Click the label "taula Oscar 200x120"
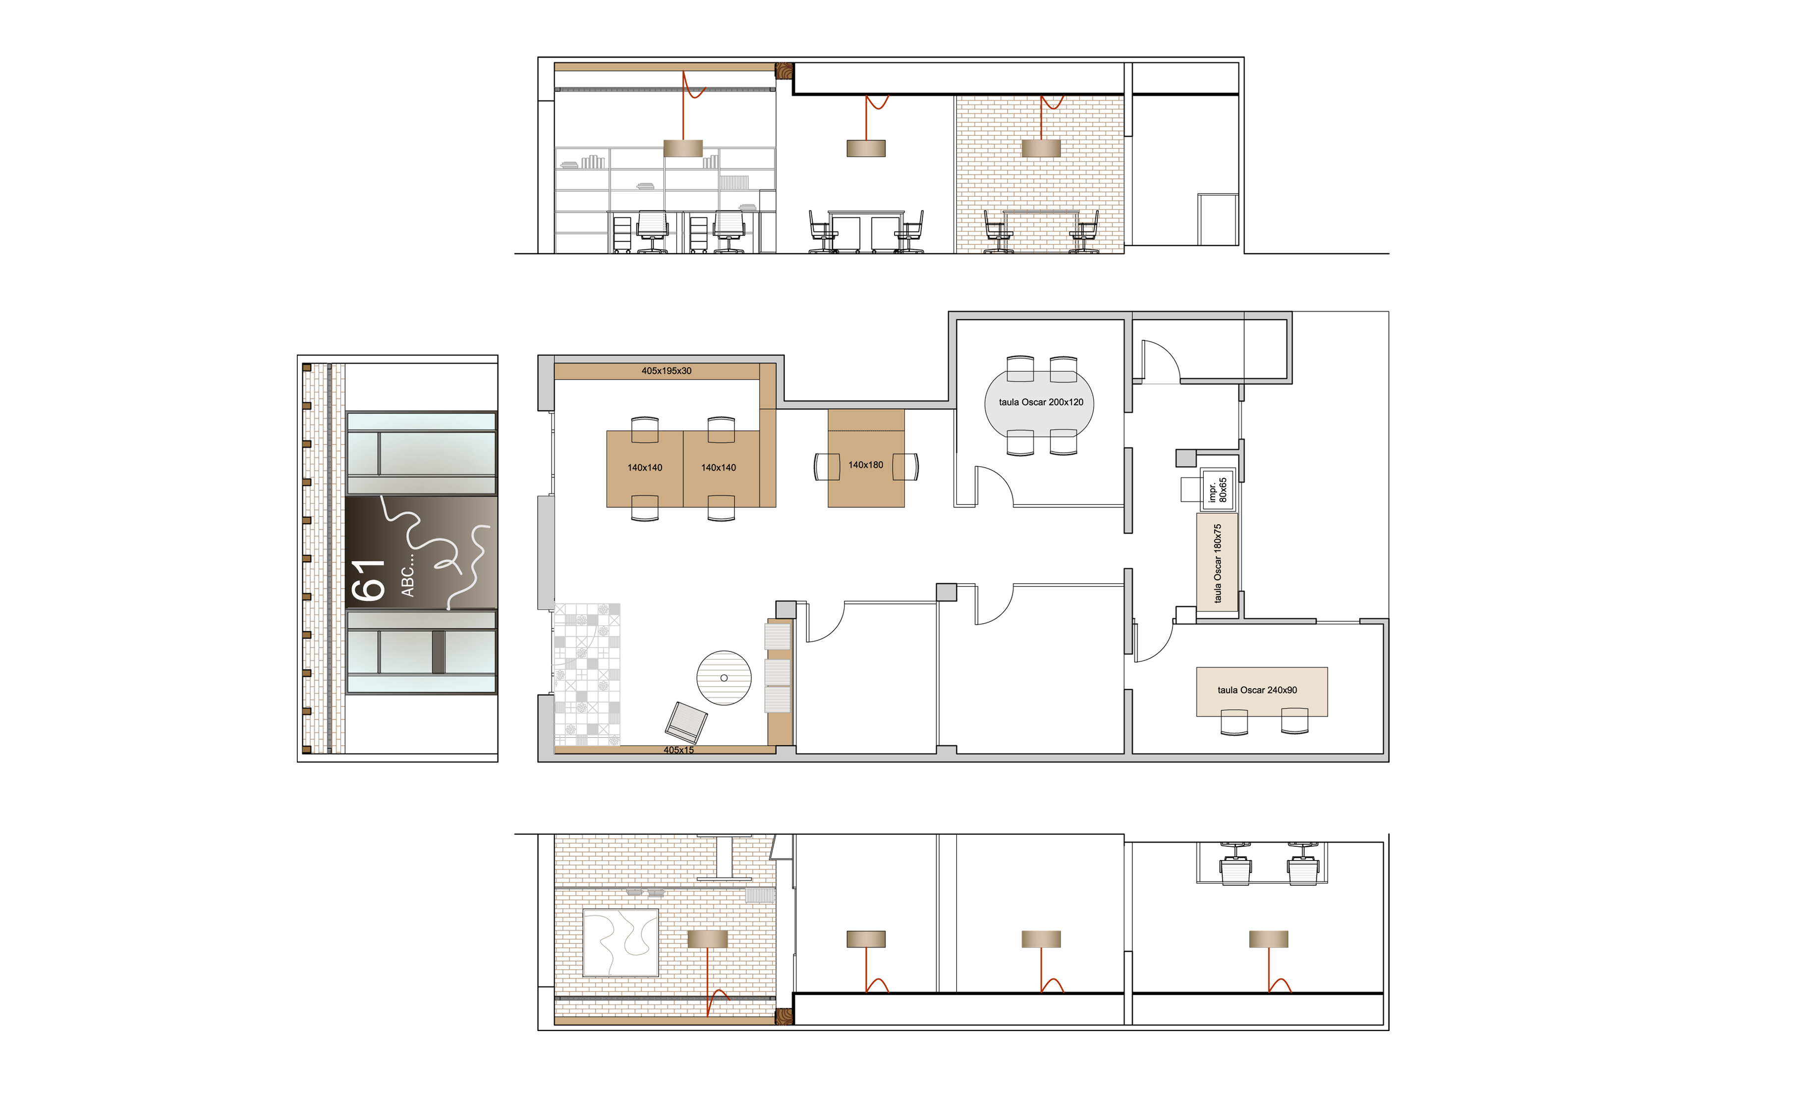point(1041,402)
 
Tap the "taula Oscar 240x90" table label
point(1257,690)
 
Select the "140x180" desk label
point(865,464)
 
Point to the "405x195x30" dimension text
point(666,371)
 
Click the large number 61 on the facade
point(368,580)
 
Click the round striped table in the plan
point(724,677)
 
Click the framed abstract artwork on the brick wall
point(620,942)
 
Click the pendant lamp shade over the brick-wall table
point(1041,149)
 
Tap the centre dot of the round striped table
point(724,677)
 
